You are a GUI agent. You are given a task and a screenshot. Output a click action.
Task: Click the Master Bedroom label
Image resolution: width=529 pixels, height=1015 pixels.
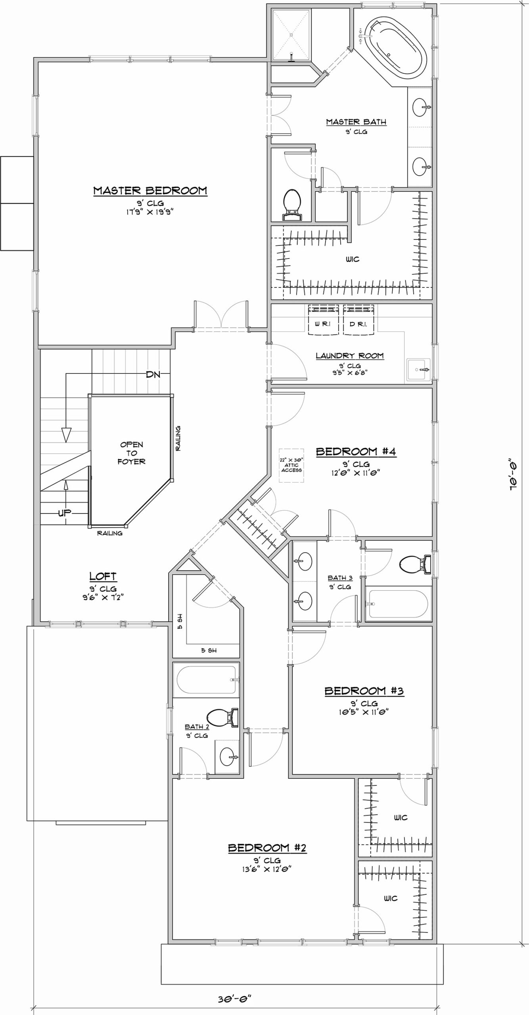pos(150,191)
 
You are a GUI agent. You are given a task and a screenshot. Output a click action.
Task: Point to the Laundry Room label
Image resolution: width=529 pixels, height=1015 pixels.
pos(350,356)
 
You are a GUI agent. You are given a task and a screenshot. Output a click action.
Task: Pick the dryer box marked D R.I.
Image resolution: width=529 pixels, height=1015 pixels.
pos(358,319)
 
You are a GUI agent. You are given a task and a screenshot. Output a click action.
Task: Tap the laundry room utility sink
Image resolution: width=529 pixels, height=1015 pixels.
pos(418,370)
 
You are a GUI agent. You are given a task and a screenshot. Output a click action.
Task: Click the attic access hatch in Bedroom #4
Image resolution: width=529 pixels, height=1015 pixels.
pos(291,465)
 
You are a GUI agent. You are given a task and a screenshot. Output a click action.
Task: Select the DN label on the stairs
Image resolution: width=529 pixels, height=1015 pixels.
pos(153,374)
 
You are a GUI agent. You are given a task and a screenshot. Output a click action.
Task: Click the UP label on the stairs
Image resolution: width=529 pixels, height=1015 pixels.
pos(65,513)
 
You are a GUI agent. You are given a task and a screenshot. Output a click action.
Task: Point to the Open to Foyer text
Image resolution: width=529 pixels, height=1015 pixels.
pos(131,453)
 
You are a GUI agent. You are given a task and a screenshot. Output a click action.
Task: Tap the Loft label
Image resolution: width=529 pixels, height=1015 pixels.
pos(103,576)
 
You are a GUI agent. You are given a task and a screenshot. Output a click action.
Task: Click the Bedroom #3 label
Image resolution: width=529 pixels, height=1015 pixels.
pos(364,691)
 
